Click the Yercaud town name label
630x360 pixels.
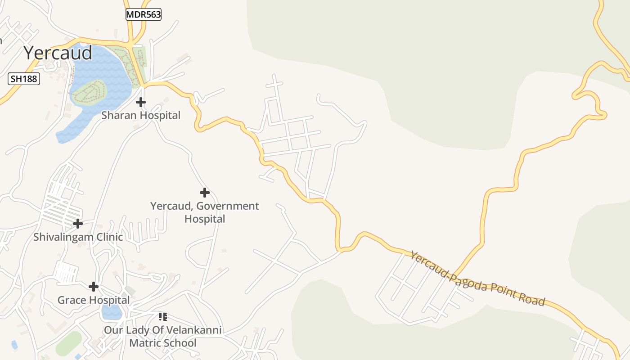(58, 53)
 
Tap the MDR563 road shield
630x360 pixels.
(143, 14)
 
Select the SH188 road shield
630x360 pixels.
(24, 79)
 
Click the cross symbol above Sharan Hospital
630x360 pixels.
(141, 102)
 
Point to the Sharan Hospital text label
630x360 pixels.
(141, 115)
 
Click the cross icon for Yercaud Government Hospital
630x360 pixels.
(205, 193)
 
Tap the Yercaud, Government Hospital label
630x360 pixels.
(205, 212)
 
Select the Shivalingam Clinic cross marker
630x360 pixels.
(78, 223)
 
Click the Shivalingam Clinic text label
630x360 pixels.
(78, 237)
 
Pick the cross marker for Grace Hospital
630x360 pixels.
(94, 286)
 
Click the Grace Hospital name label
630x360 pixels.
(94, 300)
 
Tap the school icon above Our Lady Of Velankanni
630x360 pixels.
(163, 317)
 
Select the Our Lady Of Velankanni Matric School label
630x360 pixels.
(163, 337)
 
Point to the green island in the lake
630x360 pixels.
(89, 92)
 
